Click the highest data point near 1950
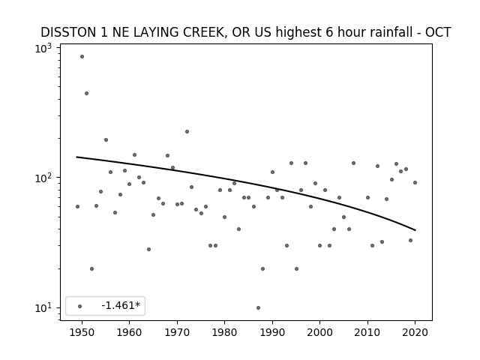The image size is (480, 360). pyautogui.click(x=82, y=57)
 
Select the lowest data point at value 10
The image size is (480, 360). pyautogui.click(x=258, y=307)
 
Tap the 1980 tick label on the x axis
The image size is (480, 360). pyautogui.click(x=224, y=332)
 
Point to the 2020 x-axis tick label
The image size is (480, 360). pyautogui.click(x=415, y=332)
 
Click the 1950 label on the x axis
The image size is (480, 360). pyautogui.click(x=82, y=332)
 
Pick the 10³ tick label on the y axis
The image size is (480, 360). pyautogui.click(x=43, y=49)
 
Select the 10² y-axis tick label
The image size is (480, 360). pyautogui.click(x=43, y=178)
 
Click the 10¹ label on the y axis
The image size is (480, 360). pyautogui.click(x=43, y=308)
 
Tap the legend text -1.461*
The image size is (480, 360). pyautogui.click(x=121, y=305)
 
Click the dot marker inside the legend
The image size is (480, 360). pyautogui.click(x=80, y=306)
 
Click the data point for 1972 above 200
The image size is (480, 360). pyautogui.click(x=187, y=132)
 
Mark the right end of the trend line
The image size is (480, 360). pyautogui.click(x=415, y=230)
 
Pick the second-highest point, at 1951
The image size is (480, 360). pyautogui.click(x=87, y=93)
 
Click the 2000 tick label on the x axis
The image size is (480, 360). pyautogui.click(x=319, y=332)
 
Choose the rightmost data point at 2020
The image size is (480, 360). pyautogui.click(x=415, y=183)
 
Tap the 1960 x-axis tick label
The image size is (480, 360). pyautogui.click(x=129, y=332)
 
